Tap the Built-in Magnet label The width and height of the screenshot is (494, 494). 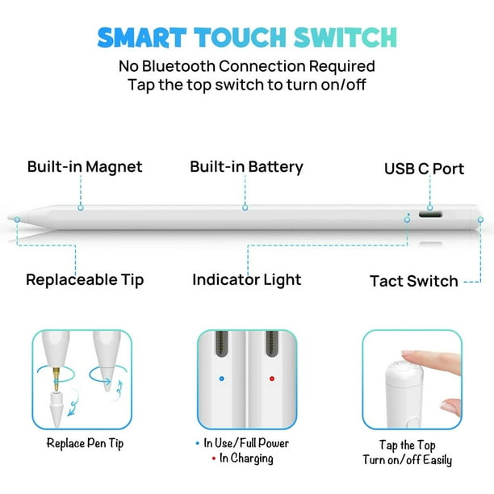[84, 167]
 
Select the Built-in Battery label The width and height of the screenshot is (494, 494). [246, 167]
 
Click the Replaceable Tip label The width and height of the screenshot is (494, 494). [85, 280]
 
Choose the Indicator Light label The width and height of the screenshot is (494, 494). [246, 280]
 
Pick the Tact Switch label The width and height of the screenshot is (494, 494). [413, 282]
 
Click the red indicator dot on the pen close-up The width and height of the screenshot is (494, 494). [271, 376]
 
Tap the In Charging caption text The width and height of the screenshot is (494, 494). [246, 458]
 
